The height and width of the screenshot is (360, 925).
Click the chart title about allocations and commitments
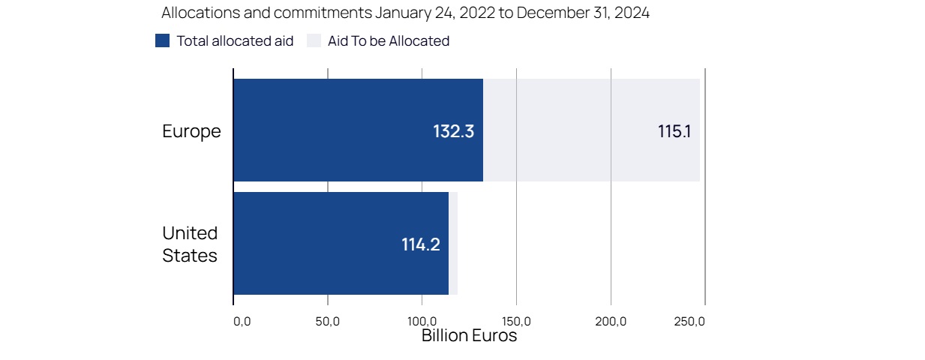405,13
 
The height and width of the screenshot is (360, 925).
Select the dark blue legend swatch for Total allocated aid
162,41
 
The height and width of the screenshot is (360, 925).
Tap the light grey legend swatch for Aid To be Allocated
314,41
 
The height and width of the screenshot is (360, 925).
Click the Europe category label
191,131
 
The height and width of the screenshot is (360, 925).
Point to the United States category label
190,244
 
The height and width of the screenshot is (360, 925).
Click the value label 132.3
453,131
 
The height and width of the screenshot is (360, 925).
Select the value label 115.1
674,131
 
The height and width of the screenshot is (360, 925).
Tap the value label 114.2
420,244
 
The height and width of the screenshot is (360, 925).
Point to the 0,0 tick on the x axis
242,322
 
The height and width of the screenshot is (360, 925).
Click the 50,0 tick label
328,322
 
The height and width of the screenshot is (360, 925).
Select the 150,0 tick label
516,322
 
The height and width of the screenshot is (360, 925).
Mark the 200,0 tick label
611,322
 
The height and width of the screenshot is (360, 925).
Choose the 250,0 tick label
690,322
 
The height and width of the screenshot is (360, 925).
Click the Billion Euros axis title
469,336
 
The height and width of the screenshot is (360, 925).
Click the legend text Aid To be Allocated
389,41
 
